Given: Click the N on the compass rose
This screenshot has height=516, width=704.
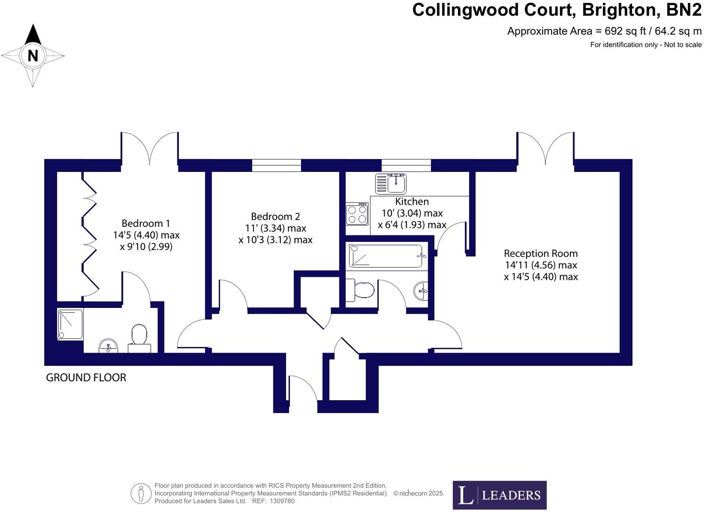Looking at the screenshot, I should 32,56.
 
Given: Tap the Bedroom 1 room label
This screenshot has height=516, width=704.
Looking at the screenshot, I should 145,223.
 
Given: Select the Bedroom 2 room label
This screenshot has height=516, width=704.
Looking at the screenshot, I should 275,217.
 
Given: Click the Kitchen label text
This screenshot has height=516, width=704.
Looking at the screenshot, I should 412,202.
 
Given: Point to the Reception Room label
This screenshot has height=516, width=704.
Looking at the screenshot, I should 541,253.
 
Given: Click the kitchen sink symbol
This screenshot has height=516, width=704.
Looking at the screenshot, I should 391,184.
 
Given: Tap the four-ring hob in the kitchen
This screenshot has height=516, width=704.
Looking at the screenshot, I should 357,214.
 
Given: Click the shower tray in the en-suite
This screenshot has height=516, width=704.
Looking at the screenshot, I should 70,324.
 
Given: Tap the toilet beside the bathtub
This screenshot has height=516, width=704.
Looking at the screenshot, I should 361,290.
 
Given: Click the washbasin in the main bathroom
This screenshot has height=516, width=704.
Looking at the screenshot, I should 421,290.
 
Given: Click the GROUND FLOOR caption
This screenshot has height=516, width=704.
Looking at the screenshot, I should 86,378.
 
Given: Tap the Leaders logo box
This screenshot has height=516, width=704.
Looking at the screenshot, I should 499,495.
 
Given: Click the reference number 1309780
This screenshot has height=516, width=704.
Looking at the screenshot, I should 282,501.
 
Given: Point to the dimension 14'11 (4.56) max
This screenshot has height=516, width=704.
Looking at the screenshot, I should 541,265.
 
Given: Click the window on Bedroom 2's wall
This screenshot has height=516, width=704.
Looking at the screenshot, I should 276,165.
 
